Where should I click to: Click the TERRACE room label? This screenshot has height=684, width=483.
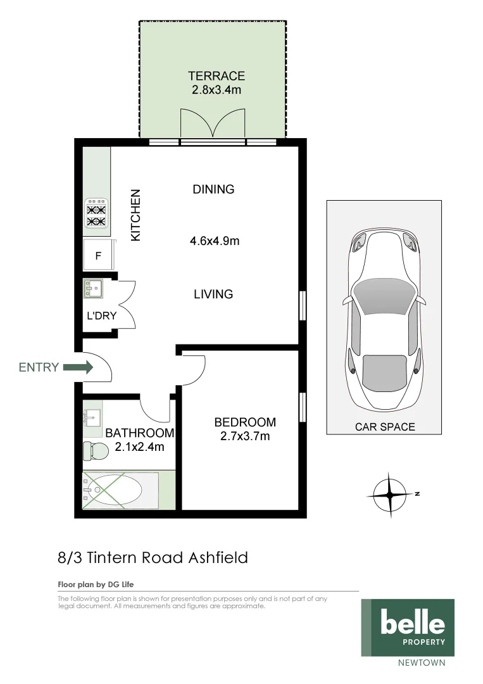216,76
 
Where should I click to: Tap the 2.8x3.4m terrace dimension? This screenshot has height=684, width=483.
216,90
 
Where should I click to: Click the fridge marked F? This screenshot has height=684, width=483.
98,256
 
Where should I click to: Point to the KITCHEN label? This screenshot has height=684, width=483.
135,215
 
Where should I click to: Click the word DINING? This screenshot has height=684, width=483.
213,189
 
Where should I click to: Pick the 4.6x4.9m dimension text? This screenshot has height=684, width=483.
215,241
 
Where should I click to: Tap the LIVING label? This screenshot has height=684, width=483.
213,294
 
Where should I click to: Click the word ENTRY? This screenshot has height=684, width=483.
39,367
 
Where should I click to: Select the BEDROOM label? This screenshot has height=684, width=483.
245,422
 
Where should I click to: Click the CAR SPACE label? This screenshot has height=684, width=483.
384,426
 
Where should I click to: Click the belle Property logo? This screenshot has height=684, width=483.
408,627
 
